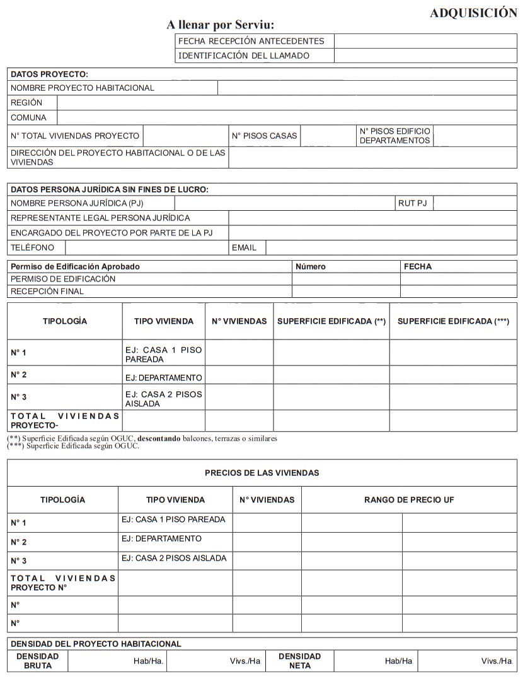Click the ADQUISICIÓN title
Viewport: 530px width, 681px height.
tap(473, 13)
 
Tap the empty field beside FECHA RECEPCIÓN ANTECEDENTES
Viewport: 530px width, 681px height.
tap(425, 41)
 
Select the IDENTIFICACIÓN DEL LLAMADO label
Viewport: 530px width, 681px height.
tap(244, 56)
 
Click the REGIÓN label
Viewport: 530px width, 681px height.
tap(26, 102)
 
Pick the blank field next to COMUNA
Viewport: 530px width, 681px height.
tap(287, 117)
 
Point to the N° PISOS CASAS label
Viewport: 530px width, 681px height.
tap(264, 136)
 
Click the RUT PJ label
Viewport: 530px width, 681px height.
tap(412, 203)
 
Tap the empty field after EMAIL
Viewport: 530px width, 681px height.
tap(391, 247)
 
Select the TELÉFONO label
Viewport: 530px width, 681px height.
tap(33, 247)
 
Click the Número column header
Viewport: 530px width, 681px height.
tap(311, 266)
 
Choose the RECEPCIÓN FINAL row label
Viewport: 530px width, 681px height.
tap(47, 292)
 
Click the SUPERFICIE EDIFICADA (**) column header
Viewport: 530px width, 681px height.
tap(331, 321)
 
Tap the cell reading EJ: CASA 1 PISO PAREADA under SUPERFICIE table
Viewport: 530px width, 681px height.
tap(164, 354)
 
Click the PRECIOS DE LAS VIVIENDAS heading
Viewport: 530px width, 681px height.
tap(262, 473)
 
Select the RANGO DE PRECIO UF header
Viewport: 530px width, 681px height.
tap(409, 500)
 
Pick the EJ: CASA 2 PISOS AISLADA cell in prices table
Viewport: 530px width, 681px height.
tap(174, 558)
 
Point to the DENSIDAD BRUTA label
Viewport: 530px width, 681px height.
tap(38, 661)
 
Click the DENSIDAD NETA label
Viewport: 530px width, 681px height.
tap(299, 661)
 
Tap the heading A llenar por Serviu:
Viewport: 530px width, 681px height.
tap(220, 25)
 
